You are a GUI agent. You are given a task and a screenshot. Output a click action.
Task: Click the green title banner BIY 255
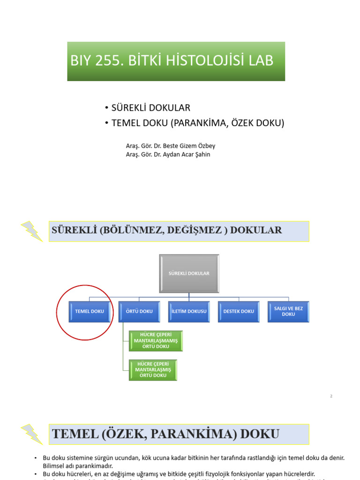(x=176, y=61)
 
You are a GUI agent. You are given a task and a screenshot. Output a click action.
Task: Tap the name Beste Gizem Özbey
(x=192, y=145)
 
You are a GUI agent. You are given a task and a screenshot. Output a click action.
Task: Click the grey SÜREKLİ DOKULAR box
(x=189, y=273)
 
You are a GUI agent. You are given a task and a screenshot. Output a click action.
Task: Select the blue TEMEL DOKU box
(x=90, y=311)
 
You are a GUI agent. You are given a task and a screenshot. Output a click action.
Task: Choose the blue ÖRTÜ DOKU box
(x=140, y=311)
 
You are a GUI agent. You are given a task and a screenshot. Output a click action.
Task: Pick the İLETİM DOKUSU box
(x=189, y=311)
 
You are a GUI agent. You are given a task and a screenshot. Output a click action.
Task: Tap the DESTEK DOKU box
(x=239, y=311)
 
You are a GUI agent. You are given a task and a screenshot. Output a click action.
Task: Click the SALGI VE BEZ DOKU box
(x=288, y=311)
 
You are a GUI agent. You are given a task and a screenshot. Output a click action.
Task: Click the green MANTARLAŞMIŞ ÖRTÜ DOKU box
(x=153, y=370)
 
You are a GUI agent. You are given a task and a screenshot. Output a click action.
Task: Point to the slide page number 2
(x=331, y=397)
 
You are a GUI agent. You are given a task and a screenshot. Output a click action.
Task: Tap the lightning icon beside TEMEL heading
(x=32, y=434)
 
